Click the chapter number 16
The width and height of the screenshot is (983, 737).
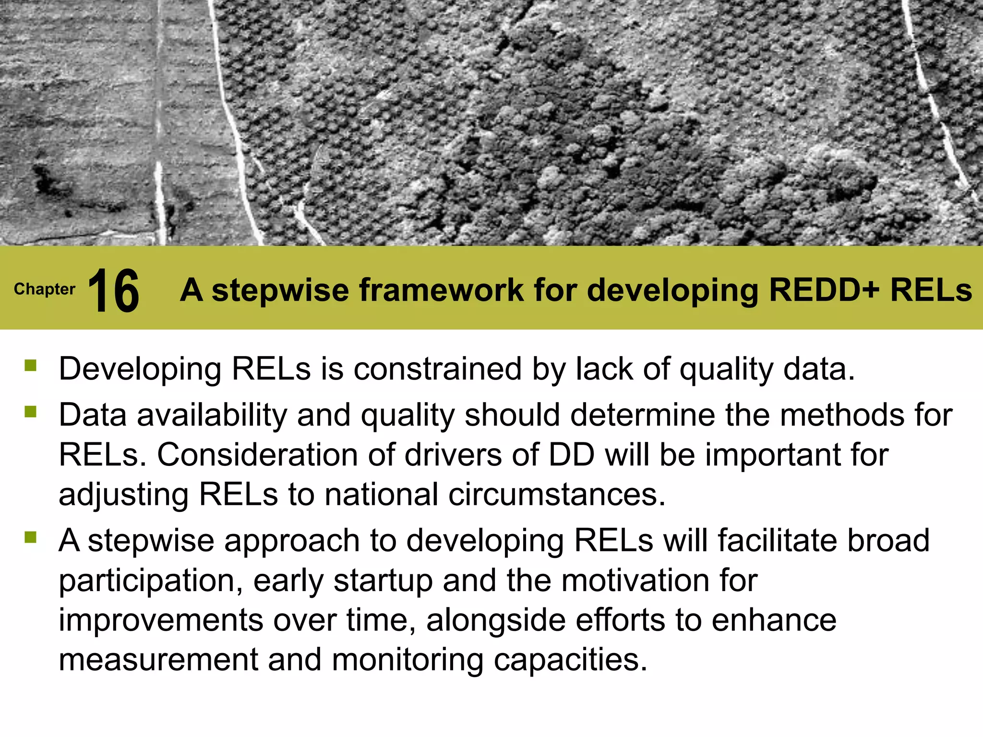[114, 290]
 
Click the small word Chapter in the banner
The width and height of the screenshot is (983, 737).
[45, 289]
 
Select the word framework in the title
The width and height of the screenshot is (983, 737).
[441, 290]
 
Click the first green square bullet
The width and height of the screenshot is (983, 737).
[31, 366]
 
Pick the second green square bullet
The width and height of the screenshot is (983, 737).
[31, 412]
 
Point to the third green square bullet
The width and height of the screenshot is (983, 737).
[31, 537]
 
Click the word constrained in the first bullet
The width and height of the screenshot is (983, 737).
[437, 369]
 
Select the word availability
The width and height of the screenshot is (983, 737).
[212, 416]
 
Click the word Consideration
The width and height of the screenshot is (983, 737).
[257, 455]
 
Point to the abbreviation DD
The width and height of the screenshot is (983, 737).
[571, 455]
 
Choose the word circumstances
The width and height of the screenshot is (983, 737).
[557, 495]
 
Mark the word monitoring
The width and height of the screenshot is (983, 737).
[408, 661]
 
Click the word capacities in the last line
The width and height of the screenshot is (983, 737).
[571, 661]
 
